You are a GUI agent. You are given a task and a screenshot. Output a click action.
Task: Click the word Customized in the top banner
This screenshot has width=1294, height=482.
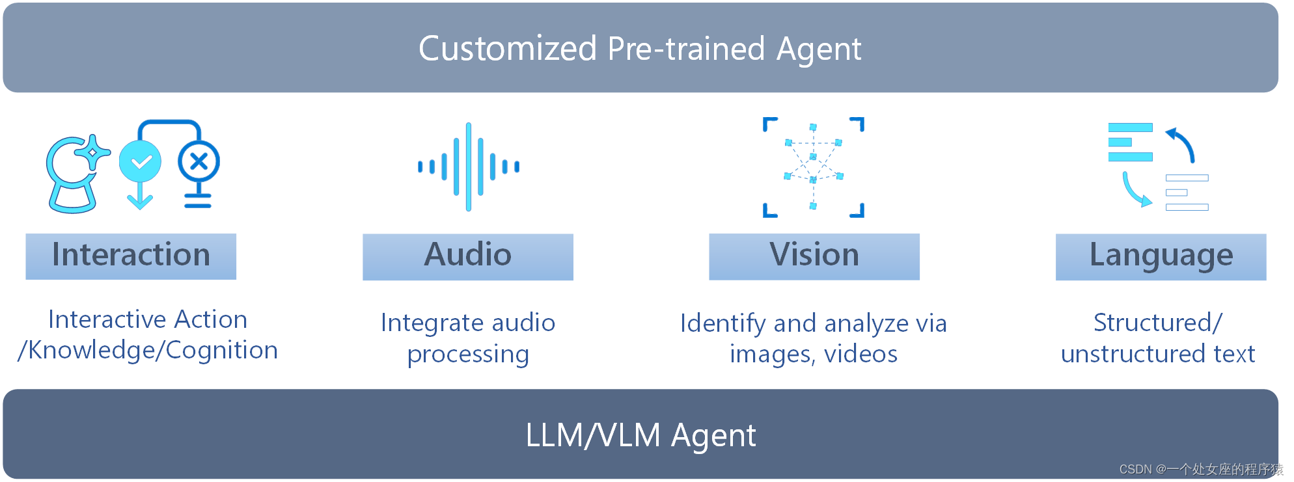coord(508,49)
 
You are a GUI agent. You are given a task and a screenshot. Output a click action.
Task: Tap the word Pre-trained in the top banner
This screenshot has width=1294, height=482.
coord(686,49)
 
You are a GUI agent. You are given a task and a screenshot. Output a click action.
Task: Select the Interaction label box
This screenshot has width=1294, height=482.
coord(131,256)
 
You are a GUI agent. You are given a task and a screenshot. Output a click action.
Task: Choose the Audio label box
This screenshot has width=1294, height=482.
coord(468,256)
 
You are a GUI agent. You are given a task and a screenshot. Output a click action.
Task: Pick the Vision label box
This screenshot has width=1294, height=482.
coord(814,256)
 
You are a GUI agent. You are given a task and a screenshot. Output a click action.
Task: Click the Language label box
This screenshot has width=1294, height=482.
coord(1161,256)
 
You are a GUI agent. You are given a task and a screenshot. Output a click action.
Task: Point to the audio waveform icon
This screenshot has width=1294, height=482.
coord(469,167)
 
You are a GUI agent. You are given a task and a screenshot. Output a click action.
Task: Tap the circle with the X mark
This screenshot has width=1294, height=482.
coord(199,161)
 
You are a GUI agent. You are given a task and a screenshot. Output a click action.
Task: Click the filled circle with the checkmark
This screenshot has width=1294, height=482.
coord(140,161)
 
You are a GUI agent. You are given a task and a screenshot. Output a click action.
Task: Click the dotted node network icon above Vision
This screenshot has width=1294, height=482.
coord(813,167)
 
